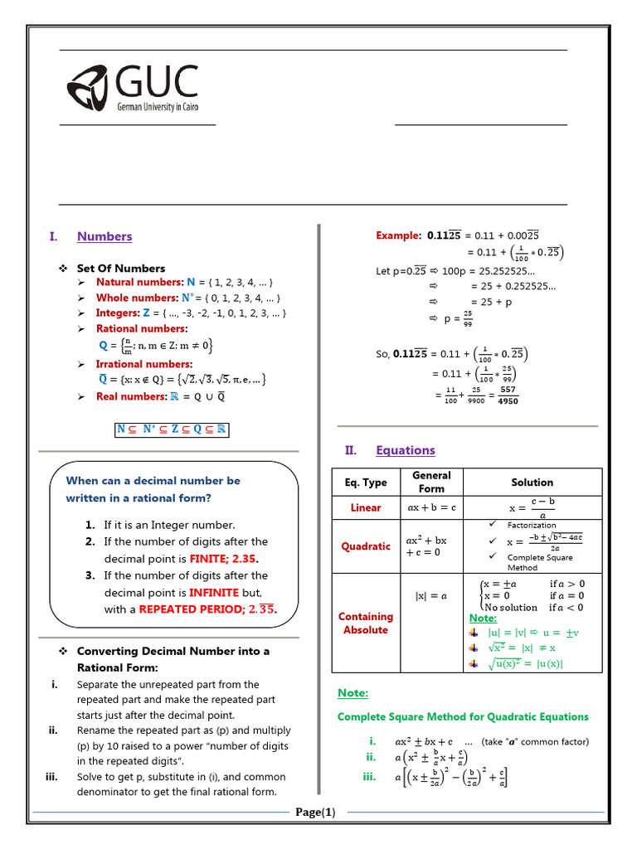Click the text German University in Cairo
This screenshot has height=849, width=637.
tap(157, 107)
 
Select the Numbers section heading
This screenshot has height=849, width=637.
tap(105, 236)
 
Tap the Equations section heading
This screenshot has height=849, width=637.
tap(405, 450)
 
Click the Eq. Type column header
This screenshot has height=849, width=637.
tap(366, 482)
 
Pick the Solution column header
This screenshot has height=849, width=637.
tap(532, 482)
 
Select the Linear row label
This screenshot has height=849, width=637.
tap(366, 507)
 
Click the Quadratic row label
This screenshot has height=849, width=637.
tap(366, 546)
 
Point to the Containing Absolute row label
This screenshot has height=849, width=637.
tap(366, 623)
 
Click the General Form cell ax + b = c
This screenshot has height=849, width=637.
tap(431, 507)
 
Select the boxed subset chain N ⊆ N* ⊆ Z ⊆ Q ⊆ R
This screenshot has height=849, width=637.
tap(172, 429)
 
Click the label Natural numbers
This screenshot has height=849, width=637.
tap(139, 283)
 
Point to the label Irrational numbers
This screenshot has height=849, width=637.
tap(144, 364)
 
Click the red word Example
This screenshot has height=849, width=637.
tap(399, 235)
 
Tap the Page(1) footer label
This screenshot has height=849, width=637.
tap(316, 835)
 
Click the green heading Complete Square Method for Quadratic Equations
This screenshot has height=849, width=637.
tap(463, 716)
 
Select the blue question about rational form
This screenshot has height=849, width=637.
tap(153, 489)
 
